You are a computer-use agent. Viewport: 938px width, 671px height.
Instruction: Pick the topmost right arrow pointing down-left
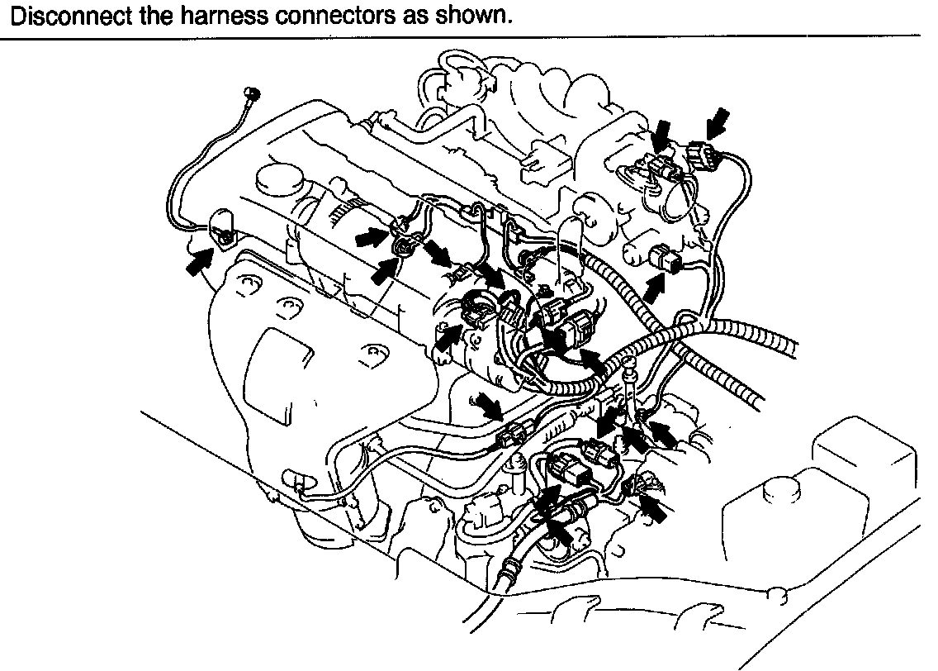[x=721, y=121]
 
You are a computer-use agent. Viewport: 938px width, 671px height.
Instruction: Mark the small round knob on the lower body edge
[x=775, y=593]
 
